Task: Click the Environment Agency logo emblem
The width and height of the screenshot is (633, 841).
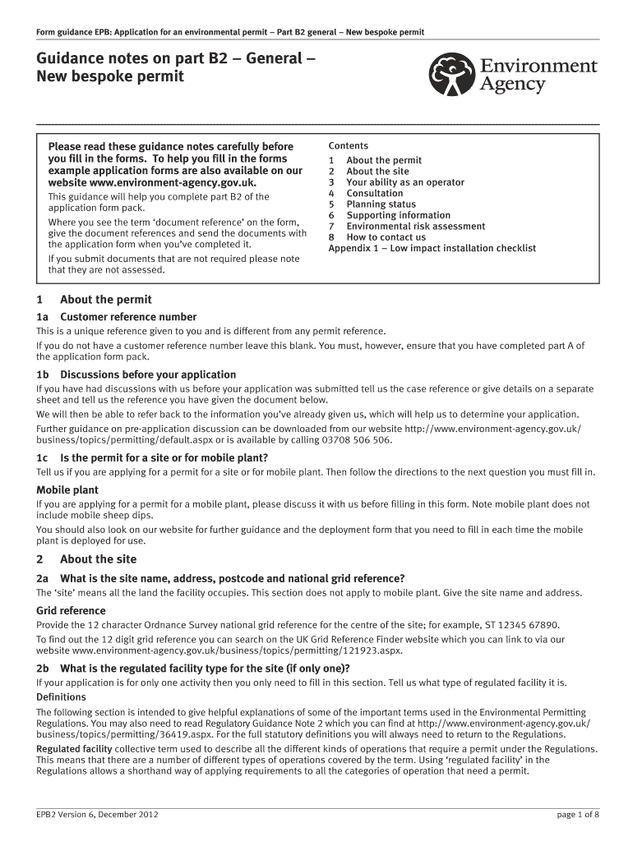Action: (450, 75)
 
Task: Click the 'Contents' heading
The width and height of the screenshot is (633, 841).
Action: (349, 145)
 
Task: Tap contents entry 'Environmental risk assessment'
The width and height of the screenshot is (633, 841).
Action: (415, 226)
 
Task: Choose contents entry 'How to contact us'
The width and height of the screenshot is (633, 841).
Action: (386, 237)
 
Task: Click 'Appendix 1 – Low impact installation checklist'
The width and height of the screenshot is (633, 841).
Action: (432, 248)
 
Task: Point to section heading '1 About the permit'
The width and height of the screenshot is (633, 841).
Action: (94, 300)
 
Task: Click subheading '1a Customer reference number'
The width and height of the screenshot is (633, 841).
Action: (116, 317)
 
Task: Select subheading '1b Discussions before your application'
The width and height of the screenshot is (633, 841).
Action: (136, 375)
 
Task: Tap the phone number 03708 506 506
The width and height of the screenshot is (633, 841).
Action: (358, 440)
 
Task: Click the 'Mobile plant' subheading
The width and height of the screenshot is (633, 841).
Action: (67, 490)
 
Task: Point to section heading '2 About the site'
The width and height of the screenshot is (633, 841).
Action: (86, 559)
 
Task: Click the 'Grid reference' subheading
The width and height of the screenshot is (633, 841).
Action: (71, 611)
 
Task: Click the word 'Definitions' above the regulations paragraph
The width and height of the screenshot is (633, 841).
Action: (61, 697)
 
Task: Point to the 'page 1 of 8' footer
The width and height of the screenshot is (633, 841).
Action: (578, 815)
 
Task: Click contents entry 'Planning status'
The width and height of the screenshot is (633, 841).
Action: (381, 205)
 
